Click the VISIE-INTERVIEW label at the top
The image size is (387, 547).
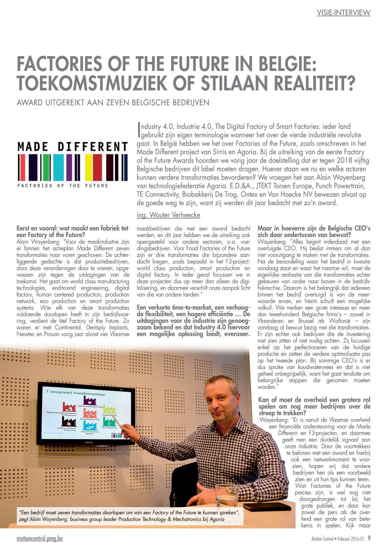(x=343, y=12)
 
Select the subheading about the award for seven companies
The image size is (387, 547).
(x=113, y=102)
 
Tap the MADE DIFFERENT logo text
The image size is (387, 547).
(x=72, y=147)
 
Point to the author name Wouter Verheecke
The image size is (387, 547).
(x=168, y=215)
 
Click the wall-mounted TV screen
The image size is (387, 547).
(x=86, y=413)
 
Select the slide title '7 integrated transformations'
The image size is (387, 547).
(x=75, y=393)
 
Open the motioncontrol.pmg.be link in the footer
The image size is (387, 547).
(x=40, y=539)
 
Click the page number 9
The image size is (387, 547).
(x=369, y=538)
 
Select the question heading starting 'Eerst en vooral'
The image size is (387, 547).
(x=72, y=231)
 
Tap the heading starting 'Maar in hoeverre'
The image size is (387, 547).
(x=314, y=231)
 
